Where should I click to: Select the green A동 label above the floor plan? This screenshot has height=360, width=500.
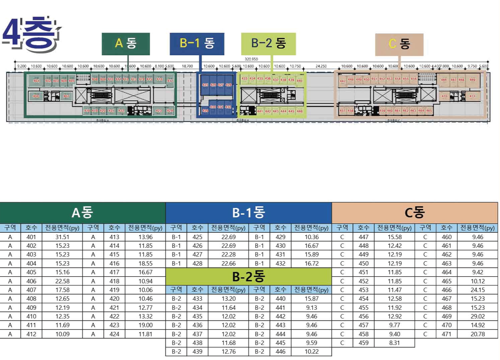(126, 44)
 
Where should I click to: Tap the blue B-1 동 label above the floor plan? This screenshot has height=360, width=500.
(197, 44)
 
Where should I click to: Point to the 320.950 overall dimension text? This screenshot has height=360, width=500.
(251, 59)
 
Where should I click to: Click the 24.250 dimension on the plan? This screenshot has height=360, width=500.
(321, 66)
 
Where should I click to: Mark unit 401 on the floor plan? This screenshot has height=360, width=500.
(36, 81)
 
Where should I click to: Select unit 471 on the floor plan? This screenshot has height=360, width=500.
(472, 96)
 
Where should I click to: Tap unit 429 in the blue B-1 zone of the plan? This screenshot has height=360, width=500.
(205, 111)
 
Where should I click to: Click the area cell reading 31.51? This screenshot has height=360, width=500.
(62, 237)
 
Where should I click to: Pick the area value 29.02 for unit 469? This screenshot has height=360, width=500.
(478, 316)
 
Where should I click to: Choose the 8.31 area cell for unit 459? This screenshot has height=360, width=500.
(395, 343)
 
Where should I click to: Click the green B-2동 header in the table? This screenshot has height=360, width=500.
(248, 277)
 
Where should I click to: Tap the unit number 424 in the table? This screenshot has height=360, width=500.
(114, 334)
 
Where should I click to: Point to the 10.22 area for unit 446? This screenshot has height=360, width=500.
(311, 352)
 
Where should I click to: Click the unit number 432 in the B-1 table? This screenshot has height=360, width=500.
(280, 264)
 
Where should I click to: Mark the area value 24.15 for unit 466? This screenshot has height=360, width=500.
(478, 290)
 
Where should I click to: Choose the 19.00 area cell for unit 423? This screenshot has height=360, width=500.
(145, 325)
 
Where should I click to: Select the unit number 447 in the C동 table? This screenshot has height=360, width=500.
(363, 237)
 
